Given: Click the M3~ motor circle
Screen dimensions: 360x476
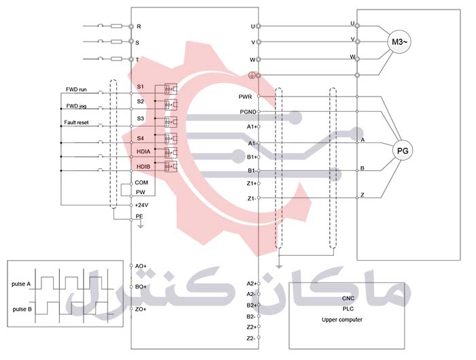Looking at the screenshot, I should pos(398,42).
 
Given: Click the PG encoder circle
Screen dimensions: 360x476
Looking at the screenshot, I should pos(403,151).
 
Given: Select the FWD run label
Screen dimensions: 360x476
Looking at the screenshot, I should pos(76,89).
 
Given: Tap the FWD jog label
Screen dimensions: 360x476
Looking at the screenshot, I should pos(75,106).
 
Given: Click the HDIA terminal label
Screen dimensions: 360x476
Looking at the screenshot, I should pos(143,151).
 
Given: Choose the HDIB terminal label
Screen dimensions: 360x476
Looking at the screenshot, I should pos(143,167).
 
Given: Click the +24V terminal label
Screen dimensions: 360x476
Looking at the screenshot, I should pos(141,205).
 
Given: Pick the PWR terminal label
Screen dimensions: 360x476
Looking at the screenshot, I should pos(246,97).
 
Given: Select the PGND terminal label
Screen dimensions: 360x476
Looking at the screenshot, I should pos(248,112).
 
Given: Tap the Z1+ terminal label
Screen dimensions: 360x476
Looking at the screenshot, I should pos(251,183).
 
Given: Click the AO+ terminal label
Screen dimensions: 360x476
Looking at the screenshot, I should pos(141,265).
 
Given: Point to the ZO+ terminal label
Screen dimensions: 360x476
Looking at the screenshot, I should pos(141,310).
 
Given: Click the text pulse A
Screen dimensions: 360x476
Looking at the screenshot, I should pos(22,284).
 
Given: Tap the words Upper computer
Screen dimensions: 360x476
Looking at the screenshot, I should pos(341,320).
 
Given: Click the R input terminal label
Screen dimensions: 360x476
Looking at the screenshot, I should pos(139,27).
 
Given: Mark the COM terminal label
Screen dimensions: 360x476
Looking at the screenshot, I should pos(141,182).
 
